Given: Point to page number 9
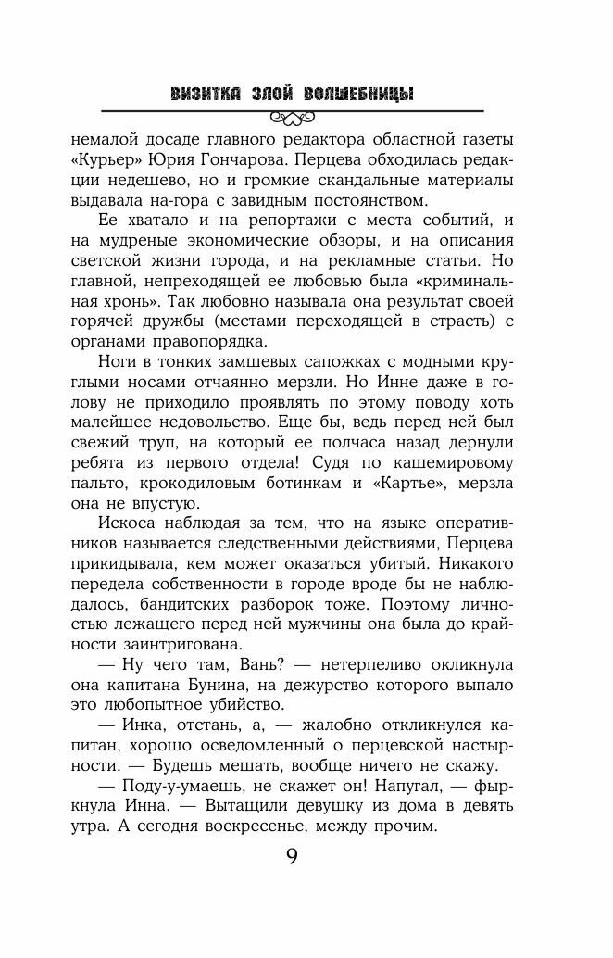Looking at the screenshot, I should click(292, 857).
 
